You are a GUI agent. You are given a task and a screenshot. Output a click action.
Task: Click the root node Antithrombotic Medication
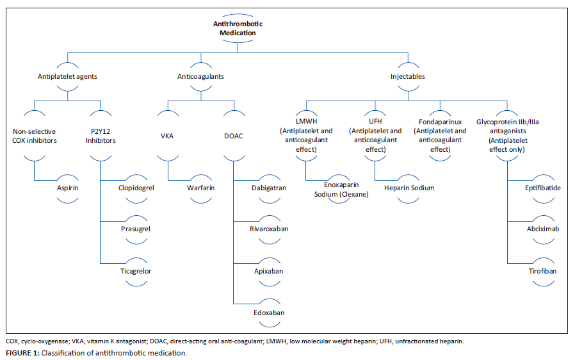point(237,28)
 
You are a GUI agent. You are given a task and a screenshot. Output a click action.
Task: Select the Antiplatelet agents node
point(67,76)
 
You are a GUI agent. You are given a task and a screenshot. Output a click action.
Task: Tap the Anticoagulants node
point(200,76)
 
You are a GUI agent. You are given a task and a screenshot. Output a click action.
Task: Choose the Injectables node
point(408,76)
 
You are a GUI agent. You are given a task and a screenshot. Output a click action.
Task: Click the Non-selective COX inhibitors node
point(35,136)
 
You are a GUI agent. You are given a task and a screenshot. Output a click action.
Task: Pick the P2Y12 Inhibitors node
point(101,136)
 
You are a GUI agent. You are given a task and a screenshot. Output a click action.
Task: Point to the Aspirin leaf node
point(67,188)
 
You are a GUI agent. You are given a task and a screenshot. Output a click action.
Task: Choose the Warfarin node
point(200,188)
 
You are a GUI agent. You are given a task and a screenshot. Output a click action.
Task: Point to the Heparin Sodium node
point(409,188)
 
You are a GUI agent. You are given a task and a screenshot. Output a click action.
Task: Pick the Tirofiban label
point(542,271)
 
